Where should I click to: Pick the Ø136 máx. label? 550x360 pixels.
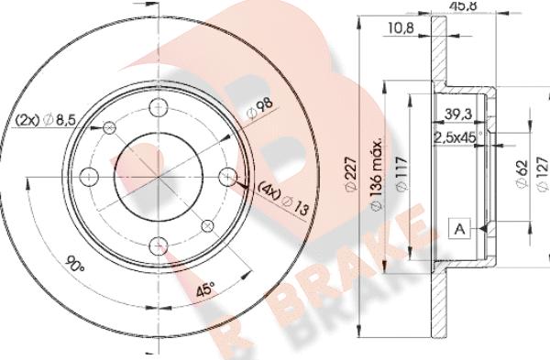coord(376,183)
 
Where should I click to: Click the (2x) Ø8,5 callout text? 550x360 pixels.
coord(45,117)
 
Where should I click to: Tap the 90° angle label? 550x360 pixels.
coord(75,267)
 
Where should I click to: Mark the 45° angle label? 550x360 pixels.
coord(207,290)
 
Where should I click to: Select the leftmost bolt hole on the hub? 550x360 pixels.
coord(89,175)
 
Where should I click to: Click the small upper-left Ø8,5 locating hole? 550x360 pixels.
coord(110,126)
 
